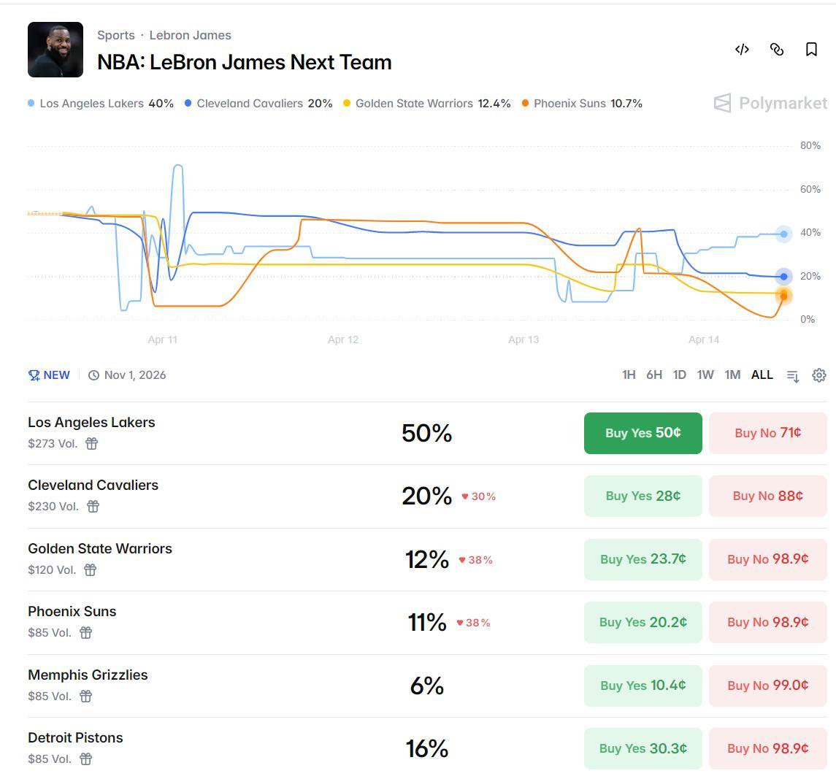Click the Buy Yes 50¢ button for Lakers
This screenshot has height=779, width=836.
643,433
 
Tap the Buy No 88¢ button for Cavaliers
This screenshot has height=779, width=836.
767,496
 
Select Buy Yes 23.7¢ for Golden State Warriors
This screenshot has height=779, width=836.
643,559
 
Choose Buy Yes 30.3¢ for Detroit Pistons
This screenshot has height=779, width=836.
643,748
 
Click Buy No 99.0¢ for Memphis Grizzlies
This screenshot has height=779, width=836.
767,686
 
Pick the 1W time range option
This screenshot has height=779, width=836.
705,375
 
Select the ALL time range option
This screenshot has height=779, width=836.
762,375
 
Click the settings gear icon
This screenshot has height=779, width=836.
819,375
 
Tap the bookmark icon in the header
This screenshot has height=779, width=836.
811,49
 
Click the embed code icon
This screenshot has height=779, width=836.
742,49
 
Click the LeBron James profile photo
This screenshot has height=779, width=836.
55,50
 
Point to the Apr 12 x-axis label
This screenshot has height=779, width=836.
343,339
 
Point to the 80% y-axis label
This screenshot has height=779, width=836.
810,145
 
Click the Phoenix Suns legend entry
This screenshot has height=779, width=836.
582,104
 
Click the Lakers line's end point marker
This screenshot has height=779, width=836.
783,234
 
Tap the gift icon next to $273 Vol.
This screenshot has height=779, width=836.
91,443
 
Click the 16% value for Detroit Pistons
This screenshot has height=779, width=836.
427,748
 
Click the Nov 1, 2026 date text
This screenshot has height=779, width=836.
135,375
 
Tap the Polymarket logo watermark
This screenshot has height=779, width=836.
770,104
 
